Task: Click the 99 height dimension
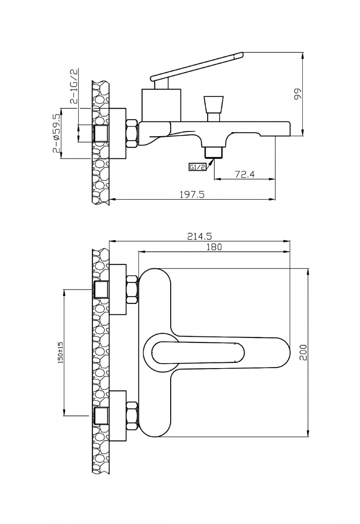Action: point(298,94)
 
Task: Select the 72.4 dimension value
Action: point(244,174)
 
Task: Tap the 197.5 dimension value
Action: point(192,195)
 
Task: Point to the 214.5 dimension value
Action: point(199,236)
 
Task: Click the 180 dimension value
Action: point(214,247)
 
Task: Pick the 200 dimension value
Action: point(304,352)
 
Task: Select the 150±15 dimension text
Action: point(61,353)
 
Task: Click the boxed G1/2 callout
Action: point(197,167)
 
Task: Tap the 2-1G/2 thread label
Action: point(73,86)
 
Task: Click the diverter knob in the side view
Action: point(213,105)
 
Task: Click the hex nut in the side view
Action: point(132,133)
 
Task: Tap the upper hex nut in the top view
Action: point(132,289)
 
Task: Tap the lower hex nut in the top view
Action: point(132,415)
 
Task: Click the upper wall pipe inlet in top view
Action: point(102,289)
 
